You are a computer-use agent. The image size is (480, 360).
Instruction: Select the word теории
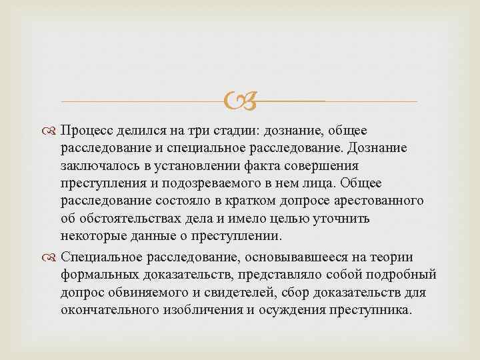(394, 257)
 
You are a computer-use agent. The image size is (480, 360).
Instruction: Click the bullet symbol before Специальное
(51, 257)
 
